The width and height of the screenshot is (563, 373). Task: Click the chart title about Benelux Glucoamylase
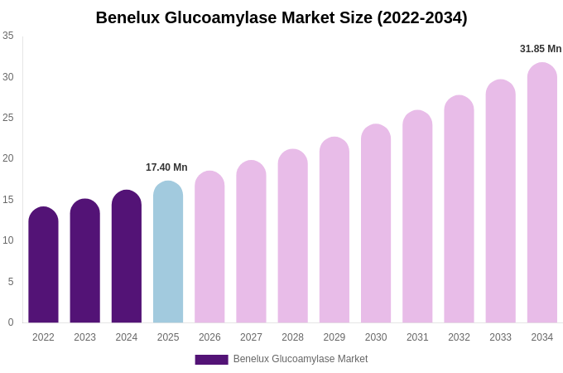[x=281, y=17]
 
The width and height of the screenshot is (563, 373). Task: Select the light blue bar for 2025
[x=168, y=253]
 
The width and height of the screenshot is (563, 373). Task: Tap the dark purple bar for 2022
[x=43, y=265]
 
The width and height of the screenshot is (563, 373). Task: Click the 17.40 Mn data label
[x=166, y=167]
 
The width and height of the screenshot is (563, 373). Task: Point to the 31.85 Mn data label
[x=541, y=49]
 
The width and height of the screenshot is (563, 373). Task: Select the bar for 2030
[x=376, y=224]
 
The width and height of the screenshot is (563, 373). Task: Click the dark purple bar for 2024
[x=127, y=257]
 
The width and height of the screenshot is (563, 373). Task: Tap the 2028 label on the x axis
[x=293, y=337]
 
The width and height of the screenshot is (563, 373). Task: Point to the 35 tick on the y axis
[x=8, y=36]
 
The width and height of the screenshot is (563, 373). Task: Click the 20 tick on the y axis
[x=8, y=158]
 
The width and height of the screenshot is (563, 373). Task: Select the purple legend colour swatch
[x=211, y=360]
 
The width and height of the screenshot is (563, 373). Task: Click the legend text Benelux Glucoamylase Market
[x=301, y=359]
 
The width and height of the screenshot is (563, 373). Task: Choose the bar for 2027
[x=251, y=242]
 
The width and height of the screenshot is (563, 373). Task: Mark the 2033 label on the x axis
[x=500, y=337]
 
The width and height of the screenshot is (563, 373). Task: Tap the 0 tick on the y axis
[x=11, y=322]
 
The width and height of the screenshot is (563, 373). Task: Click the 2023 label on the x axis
[x=85, y=337]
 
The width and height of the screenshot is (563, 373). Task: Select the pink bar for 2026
[x=209, y=247]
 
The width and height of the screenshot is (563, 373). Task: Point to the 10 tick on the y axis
[x=8, y=240]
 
